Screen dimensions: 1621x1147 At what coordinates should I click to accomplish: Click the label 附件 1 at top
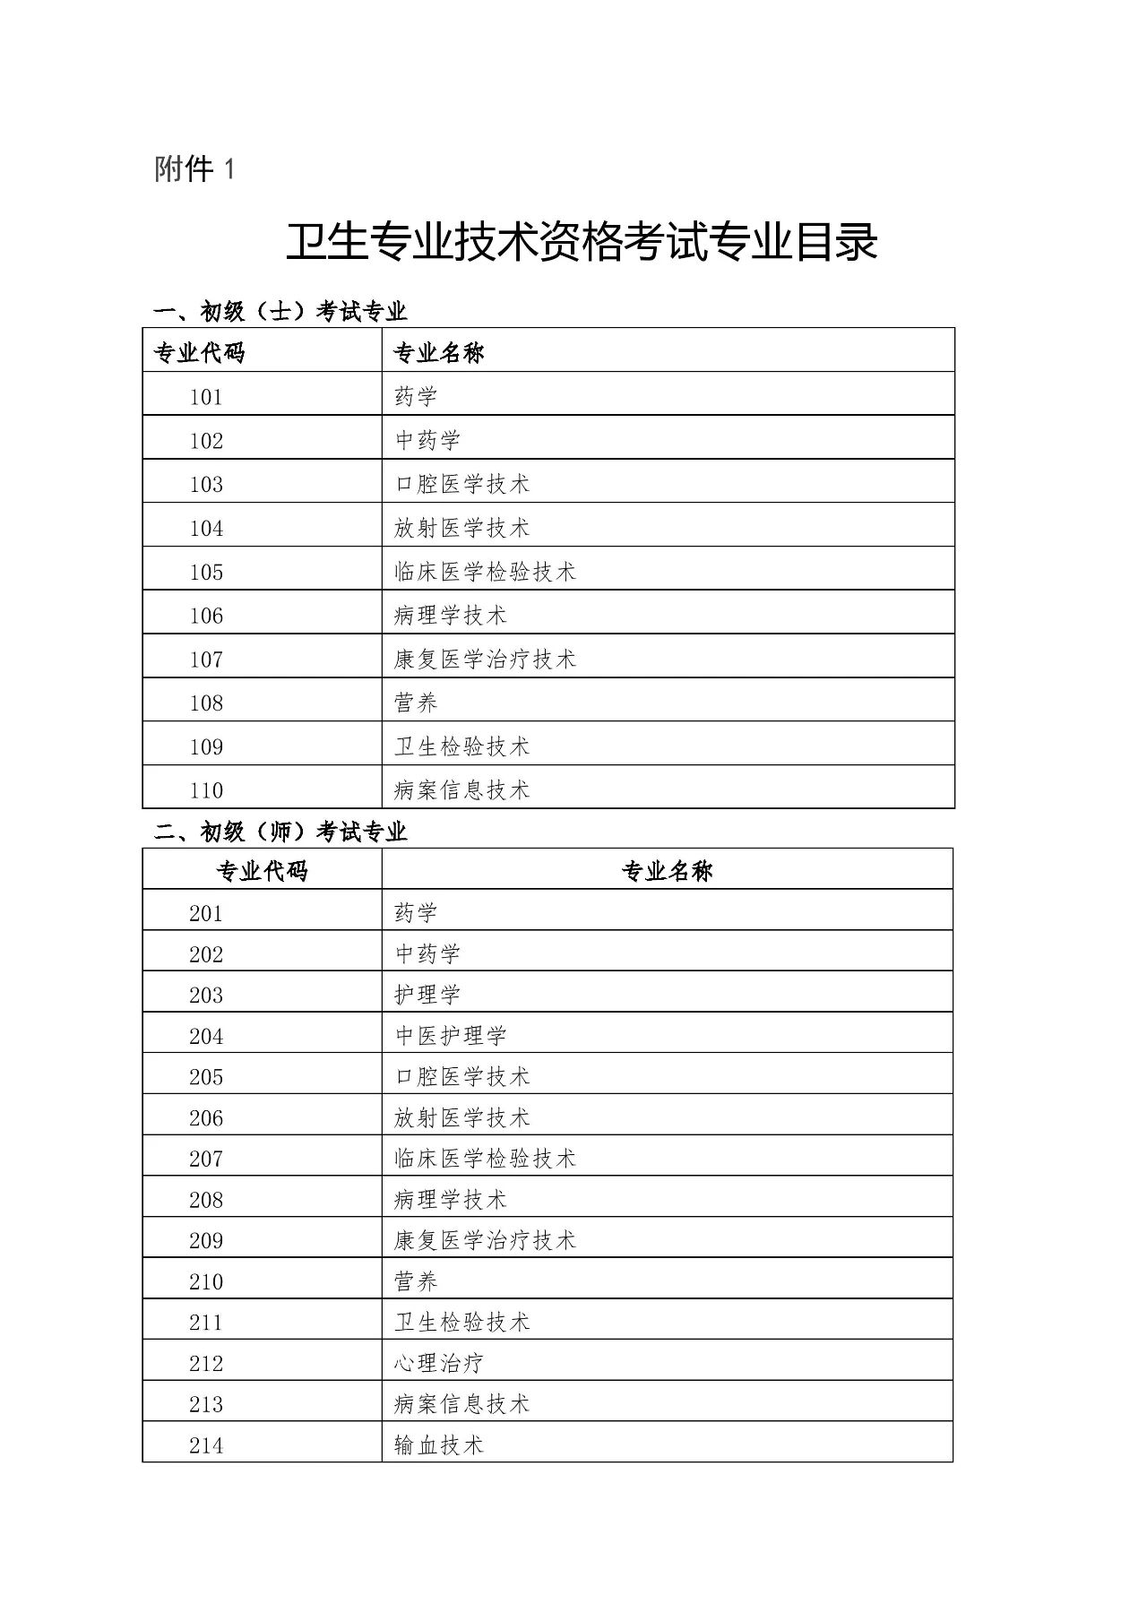(x=194, y=169)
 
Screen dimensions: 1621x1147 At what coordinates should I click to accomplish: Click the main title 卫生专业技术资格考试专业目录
(x=582, y=243)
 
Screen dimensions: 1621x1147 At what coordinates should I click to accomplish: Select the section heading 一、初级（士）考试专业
(x=280, y=312)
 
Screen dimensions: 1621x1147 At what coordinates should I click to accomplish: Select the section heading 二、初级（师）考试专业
(x=280, y=832)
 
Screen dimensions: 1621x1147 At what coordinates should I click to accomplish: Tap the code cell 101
(x=206, y=397)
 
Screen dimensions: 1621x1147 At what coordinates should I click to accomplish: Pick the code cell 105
(x=206, y=572)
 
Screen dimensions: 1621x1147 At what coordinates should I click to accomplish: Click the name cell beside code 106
(x=450, y=616)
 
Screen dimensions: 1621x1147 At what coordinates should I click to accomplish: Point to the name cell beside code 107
(x=485, y=660)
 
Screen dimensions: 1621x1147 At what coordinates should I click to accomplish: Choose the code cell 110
(x=206, y=790)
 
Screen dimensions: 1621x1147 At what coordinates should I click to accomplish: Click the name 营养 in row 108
(x=416, y=703)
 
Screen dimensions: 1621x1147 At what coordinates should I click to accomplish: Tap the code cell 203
(x=206, y=995)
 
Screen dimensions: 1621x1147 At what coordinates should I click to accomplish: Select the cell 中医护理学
(x=451, y=1036)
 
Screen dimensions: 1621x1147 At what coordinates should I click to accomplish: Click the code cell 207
(x=206, y=1159)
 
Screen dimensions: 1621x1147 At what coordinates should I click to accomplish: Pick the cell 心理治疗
(x=439, y=1363)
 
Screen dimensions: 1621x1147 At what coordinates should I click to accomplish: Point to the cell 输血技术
(x=439, y=1445)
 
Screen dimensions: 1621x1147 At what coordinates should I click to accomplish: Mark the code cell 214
(x=206, y=1445)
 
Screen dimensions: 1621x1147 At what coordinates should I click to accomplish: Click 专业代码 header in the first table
(x=200, y=352)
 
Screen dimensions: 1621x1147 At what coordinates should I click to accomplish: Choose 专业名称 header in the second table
(x=668, y=871)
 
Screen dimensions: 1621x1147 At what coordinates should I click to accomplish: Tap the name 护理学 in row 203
(x=427, y=995)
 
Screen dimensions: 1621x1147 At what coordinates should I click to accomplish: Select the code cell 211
(x=206, y=1323)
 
